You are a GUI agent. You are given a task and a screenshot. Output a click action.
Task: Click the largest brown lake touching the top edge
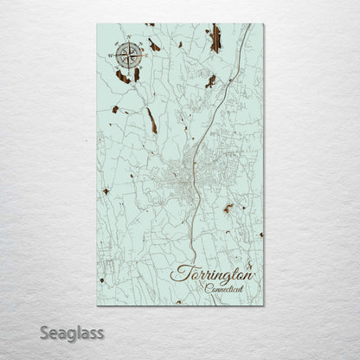(215, 38)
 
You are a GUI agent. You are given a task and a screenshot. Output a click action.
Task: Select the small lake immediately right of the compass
(153, 45)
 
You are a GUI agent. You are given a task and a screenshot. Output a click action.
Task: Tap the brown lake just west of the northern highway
(210, 80)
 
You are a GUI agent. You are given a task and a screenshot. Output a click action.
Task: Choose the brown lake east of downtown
(228, 208)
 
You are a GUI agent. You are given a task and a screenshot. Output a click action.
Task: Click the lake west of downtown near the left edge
(106, 190)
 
